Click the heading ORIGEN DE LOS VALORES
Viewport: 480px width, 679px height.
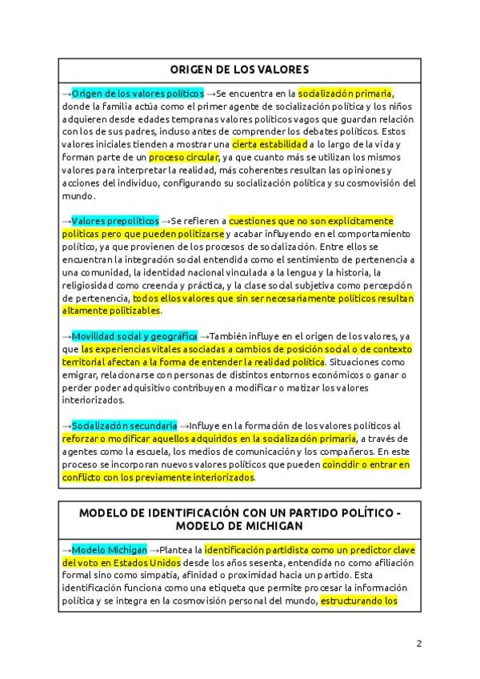click(239, 69)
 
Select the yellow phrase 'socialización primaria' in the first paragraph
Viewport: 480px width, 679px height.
click(346, 93)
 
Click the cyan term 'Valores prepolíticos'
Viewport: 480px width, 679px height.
click(115, 220)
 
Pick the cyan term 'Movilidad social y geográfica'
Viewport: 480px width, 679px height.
click(134, 335)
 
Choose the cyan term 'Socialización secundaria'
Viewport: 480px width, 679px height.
click(124, 425)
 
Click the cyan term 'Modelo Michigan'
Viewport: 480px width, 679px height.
click(110, 550)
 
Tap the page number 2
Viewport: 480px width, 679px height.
click(418, 643)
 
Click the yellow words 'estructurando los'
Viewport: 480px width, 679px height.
click(358, 601)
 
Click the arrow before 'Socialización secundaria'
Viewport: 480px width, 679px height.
click(66, 425)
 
